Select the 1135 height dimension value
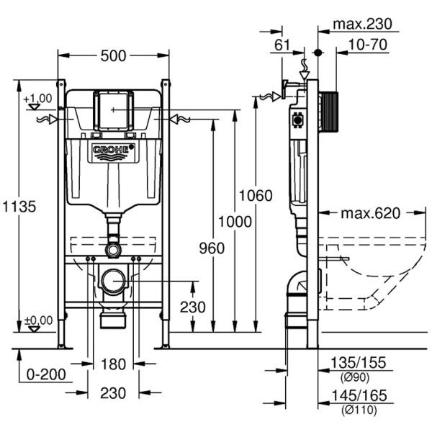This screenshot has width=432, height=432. [x=17, y=206]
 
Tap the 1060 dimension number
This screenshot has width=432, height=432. [x=256, y=196]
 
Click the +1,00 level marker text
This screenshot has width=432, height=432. [x=37, y=98]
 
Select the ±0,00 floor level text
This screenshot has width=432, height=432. [x=37, y=320]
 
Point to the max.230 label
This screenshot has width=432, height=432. [x=362, y=24]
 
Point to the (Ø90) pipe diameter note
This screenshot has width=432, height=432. [x=356, y=377]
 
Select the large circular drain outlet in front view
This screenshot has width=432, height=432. [x=113, y=281]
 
